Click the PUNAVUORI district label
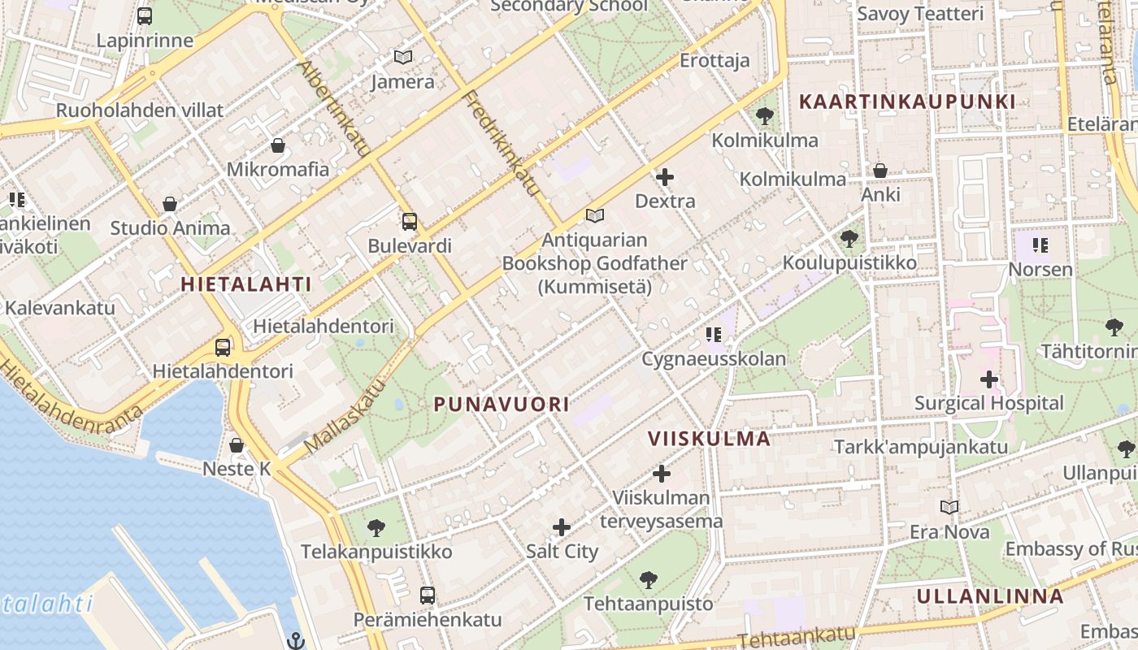click(x=501, y=405)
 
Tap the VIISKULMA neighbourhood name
click(x=709, y=439)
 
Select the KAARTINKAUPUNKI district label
click(x=907, y=102)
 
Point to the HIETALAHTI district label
click(x=245, y=284)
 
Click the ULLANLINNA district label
click(x=989, y=596)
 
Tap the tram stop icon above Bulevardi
click(x=410, y=221)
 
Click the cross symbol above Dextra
click(x=665, y=176)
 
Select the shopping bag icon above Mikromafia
click(x=278, y=145)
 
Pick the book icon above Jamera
click(x=402, y=58)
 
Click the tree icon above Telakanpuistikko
click(x=376, y=528)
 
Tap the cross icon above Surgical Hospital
click(x=988, y=379)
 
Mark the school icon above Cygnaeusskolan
click(x=714, y=334)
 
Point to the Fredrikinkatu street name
click(x=501, y=143)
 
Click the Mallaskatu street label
click(x=344, y=418)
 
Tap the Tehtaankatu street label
click(x=797, y=638)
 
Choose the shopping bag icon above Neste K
click(x=237, y=445)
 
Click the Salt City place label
click(x=562, y=552)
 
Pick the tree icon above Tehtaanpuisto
click(x=648, y=580)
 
